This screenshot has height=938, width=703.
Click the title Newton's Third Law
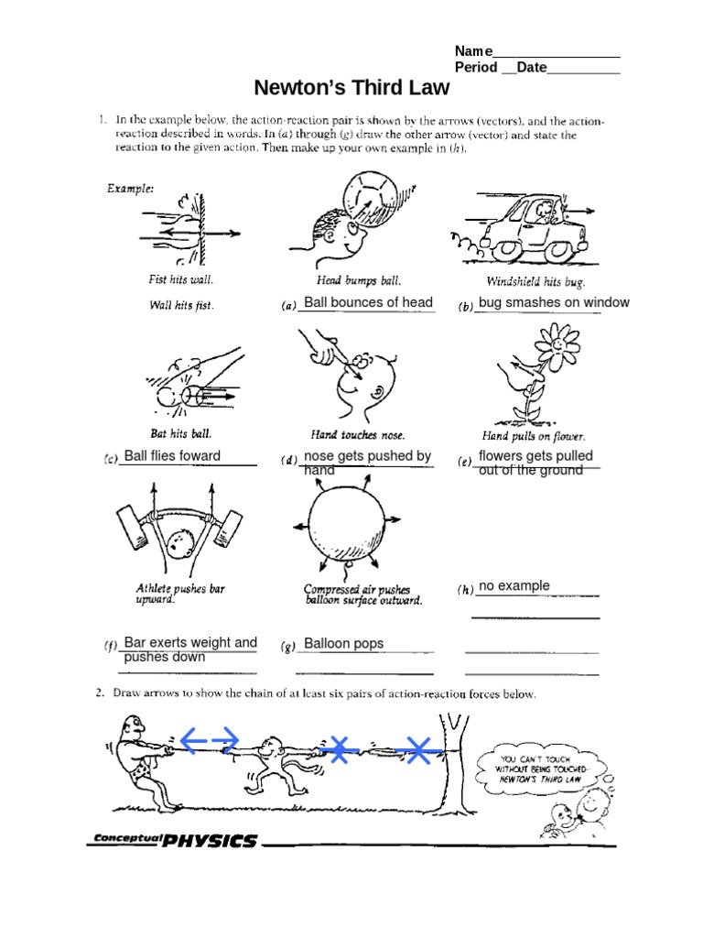point(351,88)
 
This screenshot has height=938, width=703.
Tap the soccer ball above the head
point(371,195)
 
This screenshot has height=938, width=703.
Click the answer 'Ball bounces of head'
point(368,303)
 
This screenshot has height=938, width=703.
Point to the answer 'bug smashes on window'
point(554,303)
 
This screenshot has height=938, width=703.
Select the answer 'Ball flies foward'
point(172,456)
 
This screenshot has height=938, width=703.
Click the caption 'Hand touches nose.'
point(358,435)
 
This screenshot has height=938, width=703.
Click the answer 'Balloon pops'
point(343,644)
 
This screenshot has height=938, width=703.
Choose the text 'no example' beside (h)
point(514,586)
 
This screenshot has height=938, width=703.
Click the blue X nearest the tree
point(418,751)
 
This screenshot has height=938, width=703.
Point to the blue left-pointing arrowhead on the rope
point(189,738)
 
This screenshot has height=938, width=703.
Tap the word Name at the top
point(473,51)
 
